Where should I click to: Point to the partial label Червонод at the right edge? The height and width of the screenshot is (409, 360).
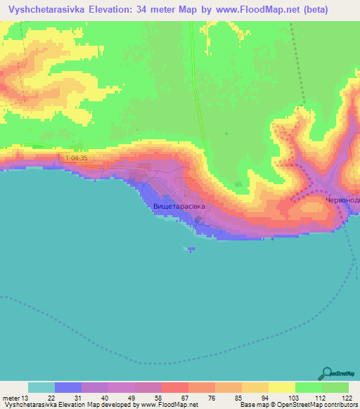click(x=342, y=200)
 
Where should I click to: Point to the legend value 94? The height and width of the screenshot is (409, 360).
click(x=264, y=398)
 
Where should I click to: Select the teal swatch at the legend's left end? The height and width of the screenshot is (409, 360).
click(x=41, y=387)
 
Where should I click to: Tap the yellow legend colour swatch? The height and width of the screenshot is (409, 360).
click(x=281, y=387)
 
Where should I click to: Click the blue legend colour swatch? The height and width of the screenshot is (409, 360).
click(x=68, y=387)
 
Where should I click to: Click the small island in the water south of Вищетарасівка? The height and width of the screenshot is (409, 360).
click(x=191, y=248)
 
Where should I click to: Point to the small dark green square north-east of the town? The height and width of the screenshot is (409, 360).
click(x=238, y=186)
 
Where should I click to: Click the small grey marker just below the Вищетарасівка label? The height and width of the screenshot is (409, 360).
click(x=199, y=220)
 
